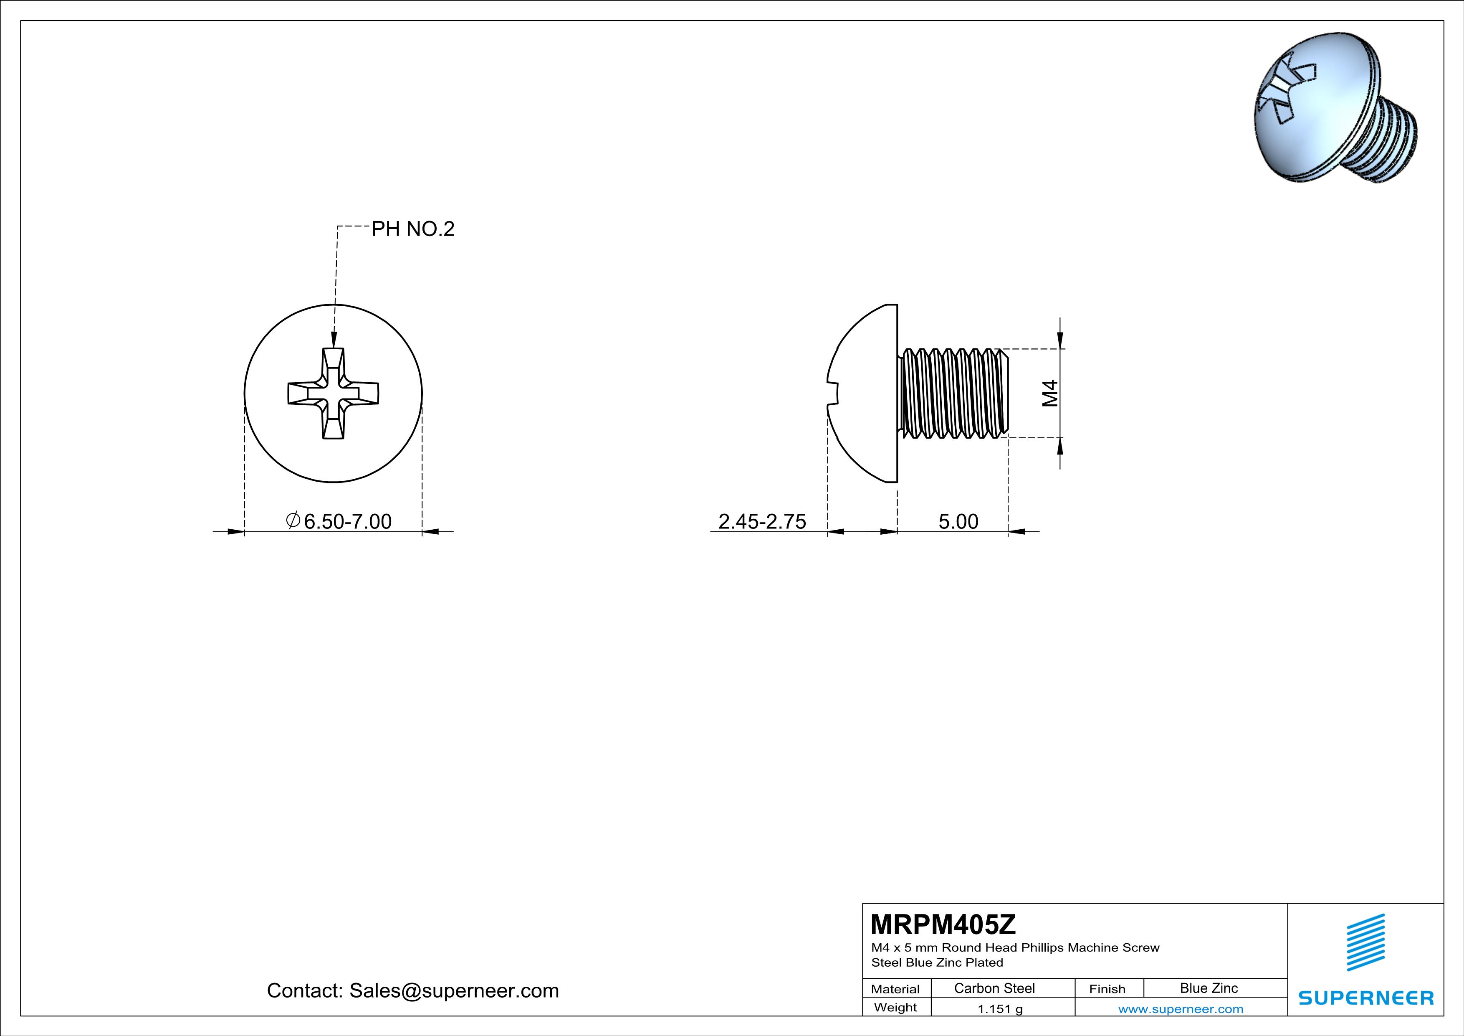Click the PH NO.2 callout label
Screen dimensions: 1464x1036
coord(413,229)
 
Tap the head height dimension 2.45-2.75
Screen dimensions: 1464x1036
coord(762,521)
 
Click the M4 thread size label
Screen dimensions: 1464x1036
coord(1050,393)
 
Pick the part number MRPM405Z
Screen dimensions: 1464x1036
coord(943,924)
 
